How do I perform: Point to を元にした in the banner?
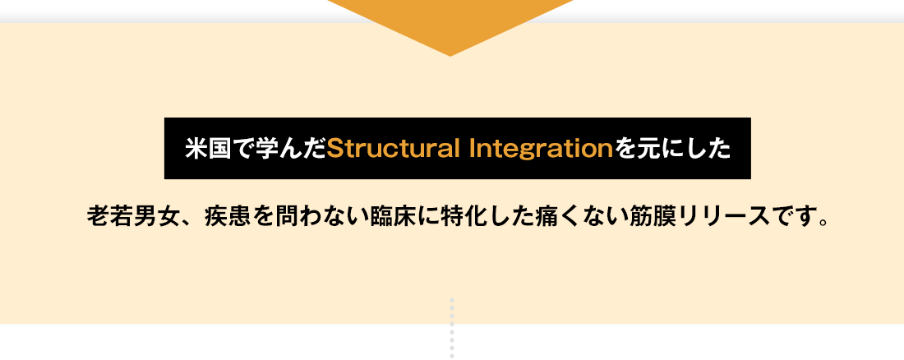tap(671, 149)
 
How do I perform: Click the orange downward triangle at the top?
tap(450, 23)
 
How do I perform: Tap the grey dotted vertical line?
tap(452, 328)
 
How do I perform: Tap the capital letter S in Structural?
tap(334, 149)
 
